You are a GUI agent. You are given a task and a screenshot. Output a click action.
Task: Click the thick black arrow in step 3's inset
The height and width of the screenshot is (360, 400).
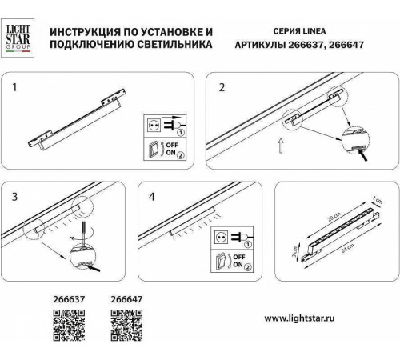(99, 272)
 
